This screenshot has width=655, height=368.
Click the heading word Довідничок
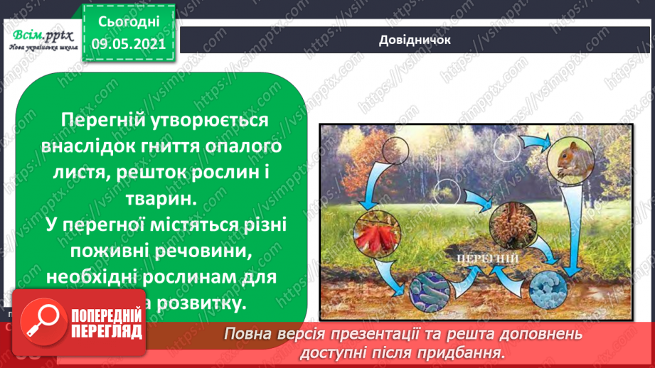point(415,40)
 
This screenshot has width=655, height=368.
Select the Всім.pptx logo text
point(41,36)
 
